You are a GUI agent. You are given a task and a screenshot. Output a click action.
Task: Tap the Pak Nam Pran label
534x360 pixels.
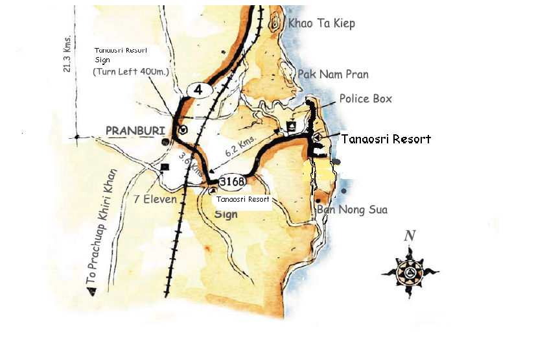333,75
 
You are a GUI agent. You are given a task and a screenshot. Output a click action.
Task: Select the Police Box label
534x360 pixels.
366,99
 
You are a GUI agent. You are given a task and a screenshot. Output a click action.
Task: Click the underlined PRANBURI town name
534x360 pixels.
132,130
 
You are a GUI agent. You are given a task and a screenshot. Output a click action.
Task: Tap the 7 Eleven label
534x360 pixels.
155,199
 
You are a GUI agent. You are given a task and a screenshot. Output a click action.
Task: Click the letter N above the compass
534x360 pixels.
410,236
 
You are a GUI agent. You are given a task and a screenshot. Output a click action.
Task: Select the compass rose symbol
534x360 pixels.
410,272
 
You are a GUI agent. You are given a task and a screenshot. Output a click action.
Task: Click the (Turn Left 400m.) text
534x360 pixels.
131,71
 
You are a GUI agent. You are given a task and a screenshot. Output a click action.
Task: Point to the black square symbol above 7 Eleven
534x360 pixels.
164,167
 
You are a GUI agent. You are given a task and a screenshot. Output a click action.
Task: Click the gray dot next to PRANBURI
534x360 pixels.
166,141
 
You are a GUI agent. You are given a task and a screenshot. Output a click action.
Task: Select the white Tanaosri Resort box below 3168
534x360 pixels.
242,200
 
